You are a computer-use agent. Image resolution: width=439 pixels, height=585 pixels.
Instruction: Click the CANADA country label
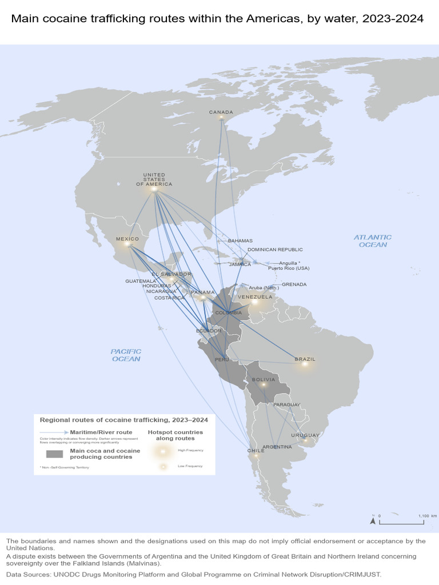[x=221, y=112]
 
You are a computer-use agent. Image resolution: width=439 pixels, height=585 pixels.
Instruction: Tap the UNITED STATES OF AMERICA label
[x=154, y=179]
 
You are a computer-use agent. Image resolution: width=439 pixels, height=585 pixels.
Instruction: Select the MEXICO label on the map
[x=127, y=239]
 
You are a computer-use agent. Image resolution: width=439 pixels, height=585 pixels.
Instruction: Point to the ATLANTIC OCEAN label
[x=373, y=241]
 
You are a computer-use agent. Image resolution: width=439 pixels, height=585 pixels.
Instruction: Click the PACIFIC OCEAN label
[x=126, y=355]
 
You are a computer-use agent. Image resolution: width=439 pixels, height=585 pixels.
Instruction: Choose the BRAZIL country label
[x=305, y=359]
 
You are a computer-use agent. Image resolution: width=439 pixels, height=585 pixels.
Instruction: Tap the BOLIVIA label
[x=264, y=379]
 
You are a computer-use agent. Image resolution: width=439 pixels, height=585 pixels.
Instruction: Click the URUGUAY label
[x=305, y=435]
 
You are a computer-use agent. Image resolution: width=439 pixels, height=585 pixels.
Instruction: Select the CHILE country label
[x=256, y=450]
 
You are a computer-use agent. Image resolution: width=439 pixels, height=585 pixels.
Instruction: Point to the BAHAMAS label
[x=240, y=241]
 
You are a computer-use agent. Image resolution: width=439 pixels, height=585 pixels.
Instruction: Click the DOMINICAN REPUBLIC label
[x=275, y=250]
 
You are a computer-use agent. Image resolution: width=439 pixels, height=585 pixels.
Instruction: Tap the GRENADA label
[x=294, y=285]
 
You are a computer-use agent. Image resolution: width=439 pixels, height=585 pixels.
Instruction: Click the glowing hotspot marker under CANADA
[x=221, y=117]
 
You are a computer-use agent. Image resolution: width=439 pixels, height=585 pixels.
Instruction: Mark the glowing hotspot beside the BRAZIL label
[x=305, y=364]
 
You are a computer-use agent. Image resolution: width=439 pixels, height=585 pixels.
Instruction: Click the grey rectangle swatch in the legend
[x=54, y=454]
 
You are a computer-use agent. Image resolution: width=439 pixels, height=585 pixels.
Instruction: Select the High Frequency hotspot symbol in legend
[x=162, y=451]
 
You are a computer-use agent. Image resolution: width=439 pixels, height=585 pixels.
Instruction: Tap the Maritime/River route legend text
[x=101, y=432]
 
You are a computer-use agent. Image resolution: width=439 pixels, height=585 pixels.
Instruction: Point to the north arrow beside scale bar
[x=373, y=520]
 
